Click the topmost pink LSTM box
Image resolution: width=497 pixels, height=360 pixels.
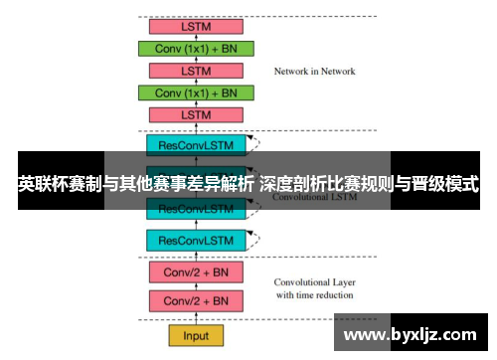pos(196,26)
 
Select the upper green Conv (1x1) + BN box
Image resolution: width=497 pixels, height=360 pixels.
pos(196,48)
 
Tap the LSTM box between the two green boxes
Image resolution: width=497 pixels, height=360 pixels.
pos(196,71)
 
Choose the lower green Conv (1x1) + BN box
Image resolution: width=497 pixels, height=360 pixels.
pos(196,92)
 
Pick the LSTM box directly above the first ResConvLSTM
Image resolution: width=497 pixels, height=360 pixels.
pos(196,115)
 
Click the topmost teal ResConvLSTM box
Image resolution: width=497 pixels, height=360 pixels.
pos(196,144)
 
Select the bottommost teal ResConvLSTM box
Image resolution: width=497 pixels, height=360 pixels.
pos(196,240)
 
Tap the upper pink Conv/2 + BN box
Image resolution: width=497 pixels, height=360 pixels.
pos(196,272)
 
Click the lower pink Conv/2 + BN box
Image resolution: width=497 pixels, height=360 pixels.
pos(196,300)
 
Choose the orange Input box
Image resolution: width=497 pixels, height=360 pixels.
pos(196,334)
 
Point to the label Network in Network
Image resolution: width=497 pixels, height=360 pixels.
pos(314,72)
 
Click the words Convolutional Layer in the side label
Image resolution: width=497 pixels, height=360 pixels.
pos(314,281)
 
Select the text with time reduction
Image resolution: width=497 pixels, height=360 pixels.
pos(314,295)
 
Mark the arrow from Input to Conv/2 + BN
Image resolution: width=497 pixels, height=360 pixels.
pos(196,318)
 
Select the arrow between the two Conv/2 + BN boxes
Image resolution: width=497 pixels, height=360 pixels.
pos(196,286)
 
